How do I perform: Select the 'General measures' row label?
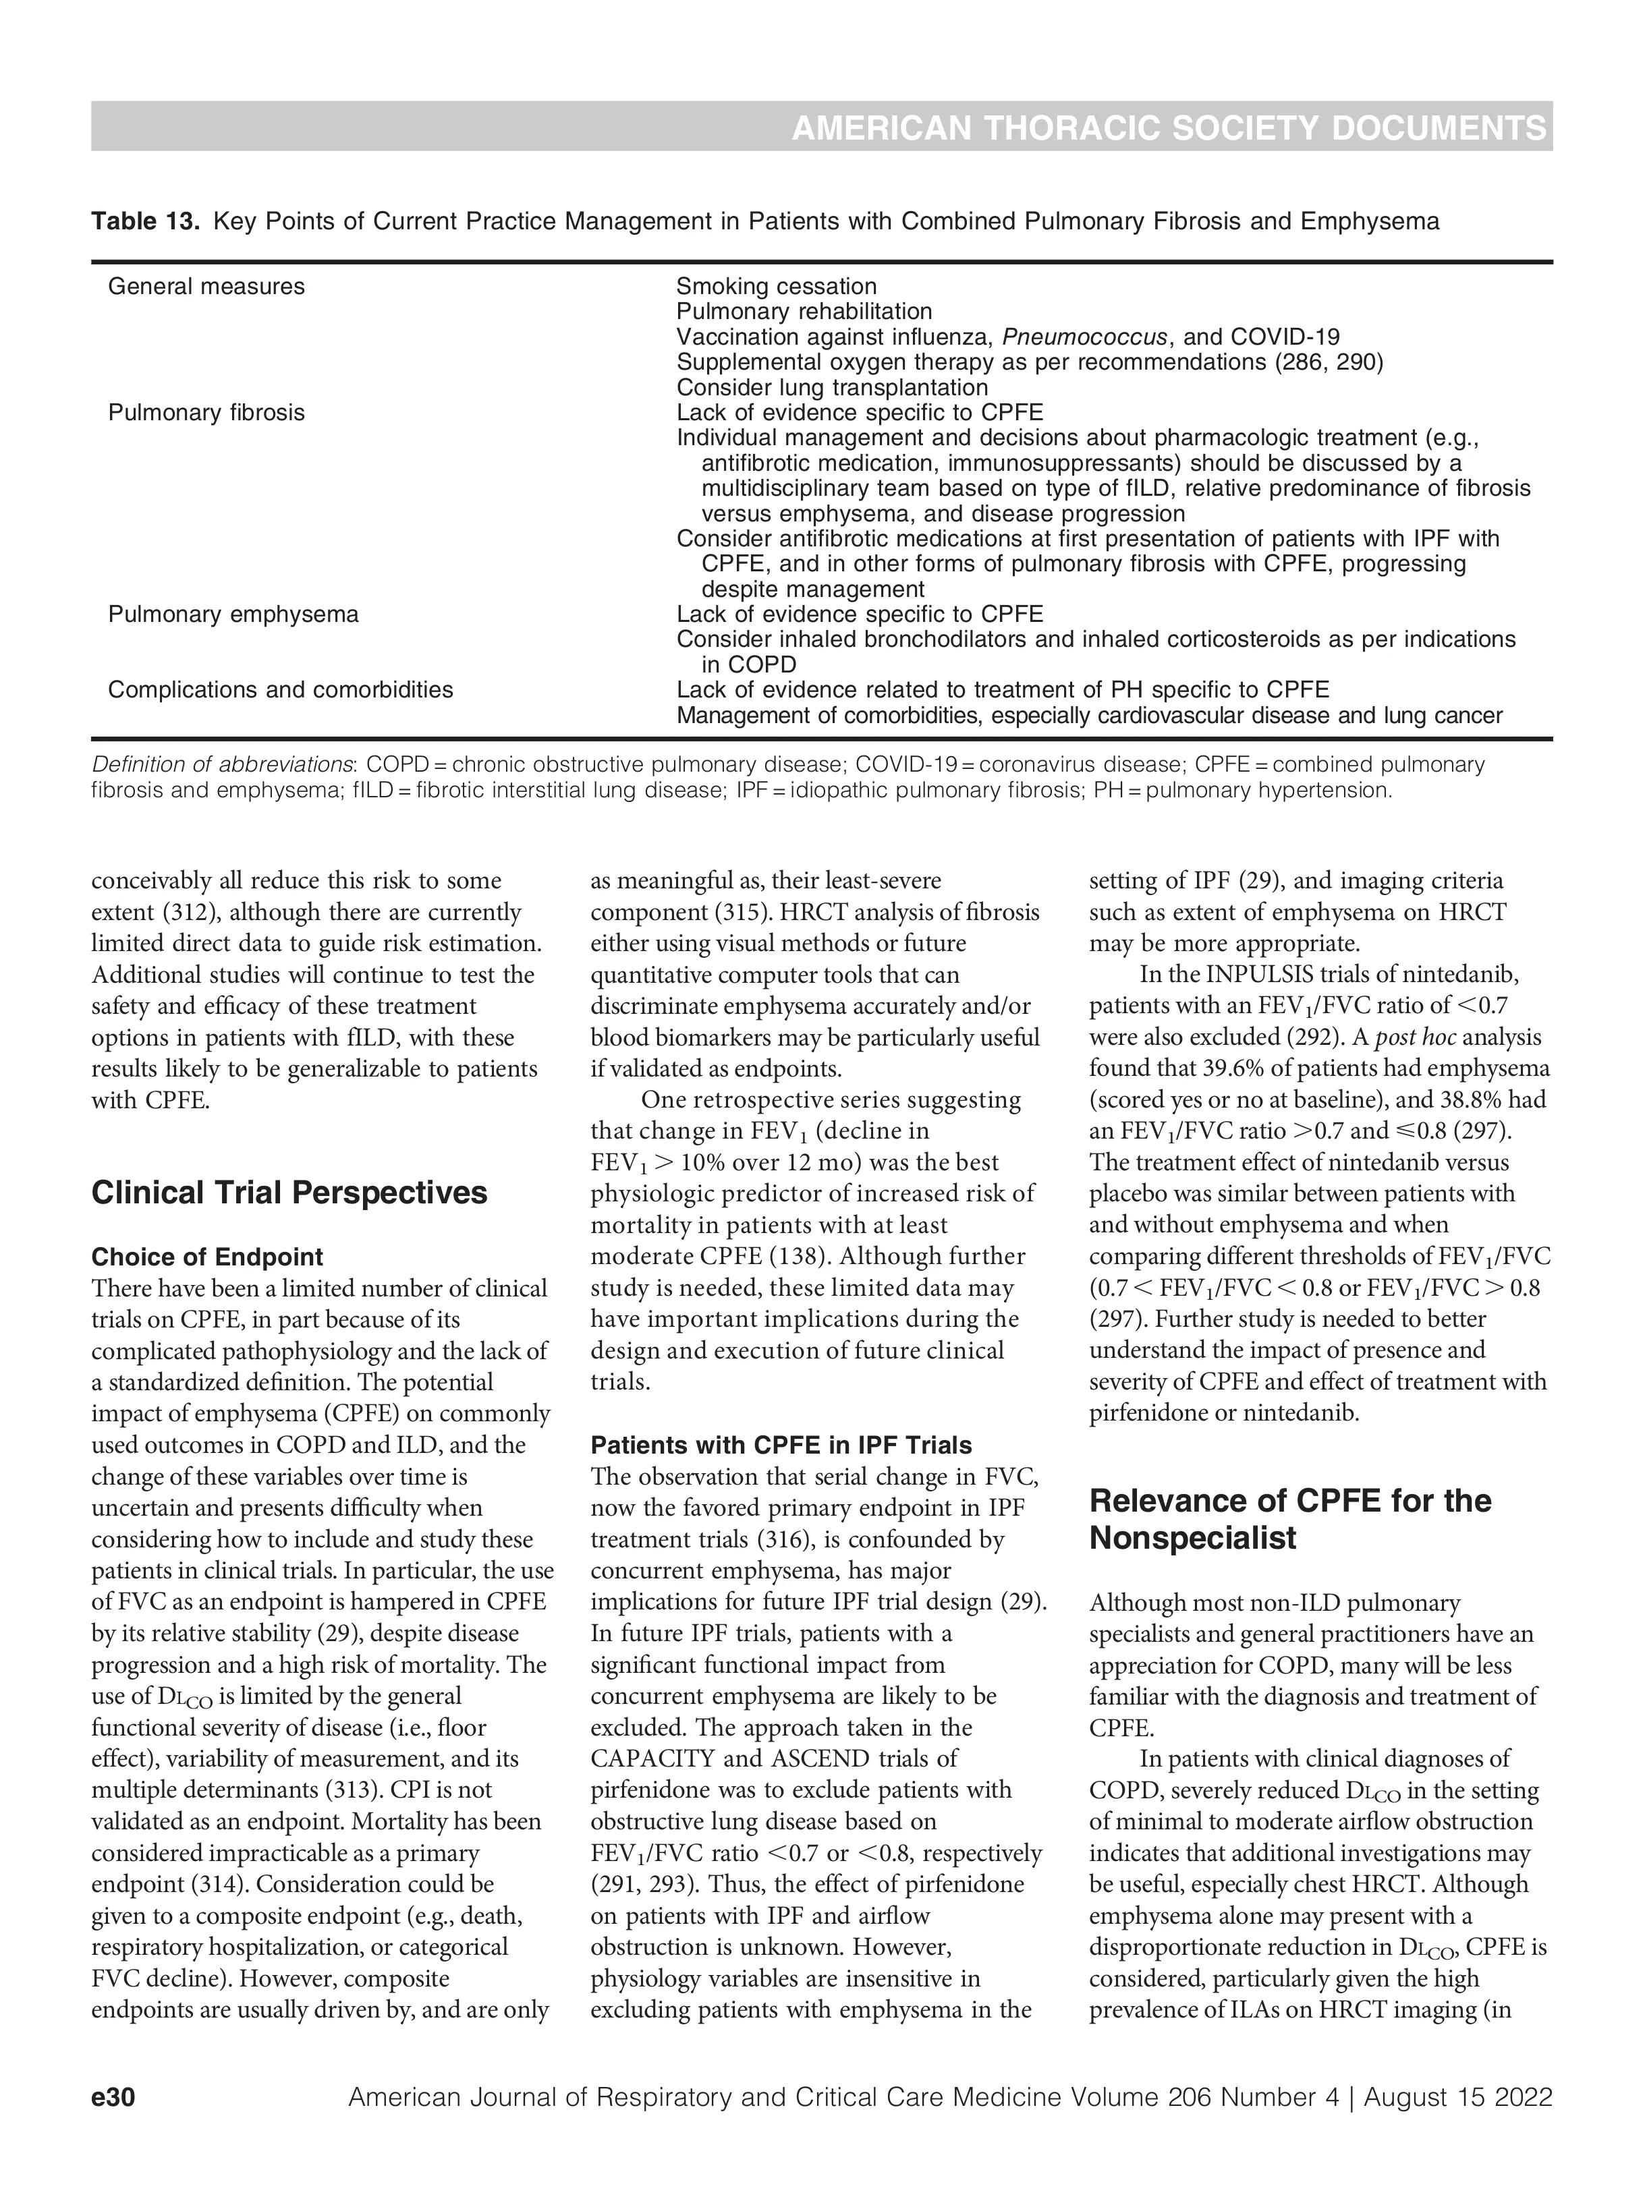pyautogui.click(x=206, y=287)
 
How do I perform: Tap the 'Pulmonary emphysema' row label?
pyautogui.click(x=233, y=614)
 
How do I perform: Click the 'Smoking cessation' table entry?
pyautogui.click(x=776, y=287)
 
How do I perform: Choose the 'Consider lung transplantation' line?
pyautogui.click(x=832, y=387)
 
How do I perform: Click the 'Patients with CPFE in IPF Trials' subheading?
pyautogui.click(x=781, y=1445)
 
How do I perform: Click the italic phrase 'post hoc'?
pyautogui.click(x=1415, y=1038)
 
